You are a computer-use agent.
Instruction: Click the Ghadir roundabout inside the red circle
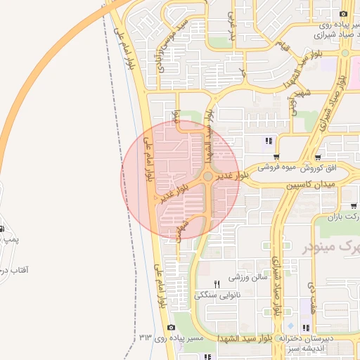[x=208, y=176]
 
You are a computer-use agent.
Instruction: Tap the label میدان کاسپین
[x=311, y=184]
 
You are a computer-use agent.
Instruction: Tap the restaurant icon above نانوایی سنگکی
[x=217, y=284]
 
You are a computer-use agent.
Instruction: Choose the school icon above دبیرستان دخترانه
[x=305, y=327]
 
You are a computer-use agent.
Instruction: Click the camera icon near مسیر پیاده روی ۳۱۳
[x=171, y=328]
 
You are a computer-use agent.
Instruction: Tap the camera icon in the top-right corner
[x=343, y=14]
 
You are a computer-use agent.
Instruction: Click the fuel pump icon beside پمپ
[x=2, y=229]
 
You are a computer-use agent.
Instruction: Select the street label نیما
[x=177, y=120]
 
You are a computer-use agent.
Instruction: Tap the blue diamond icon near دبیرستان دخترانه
[x=290, y=327]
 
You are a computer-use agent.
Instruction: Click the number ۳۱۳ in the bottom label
[x=146, y=338]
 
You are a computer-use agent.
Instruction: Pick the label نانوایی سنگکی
[x=217, y=295]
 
